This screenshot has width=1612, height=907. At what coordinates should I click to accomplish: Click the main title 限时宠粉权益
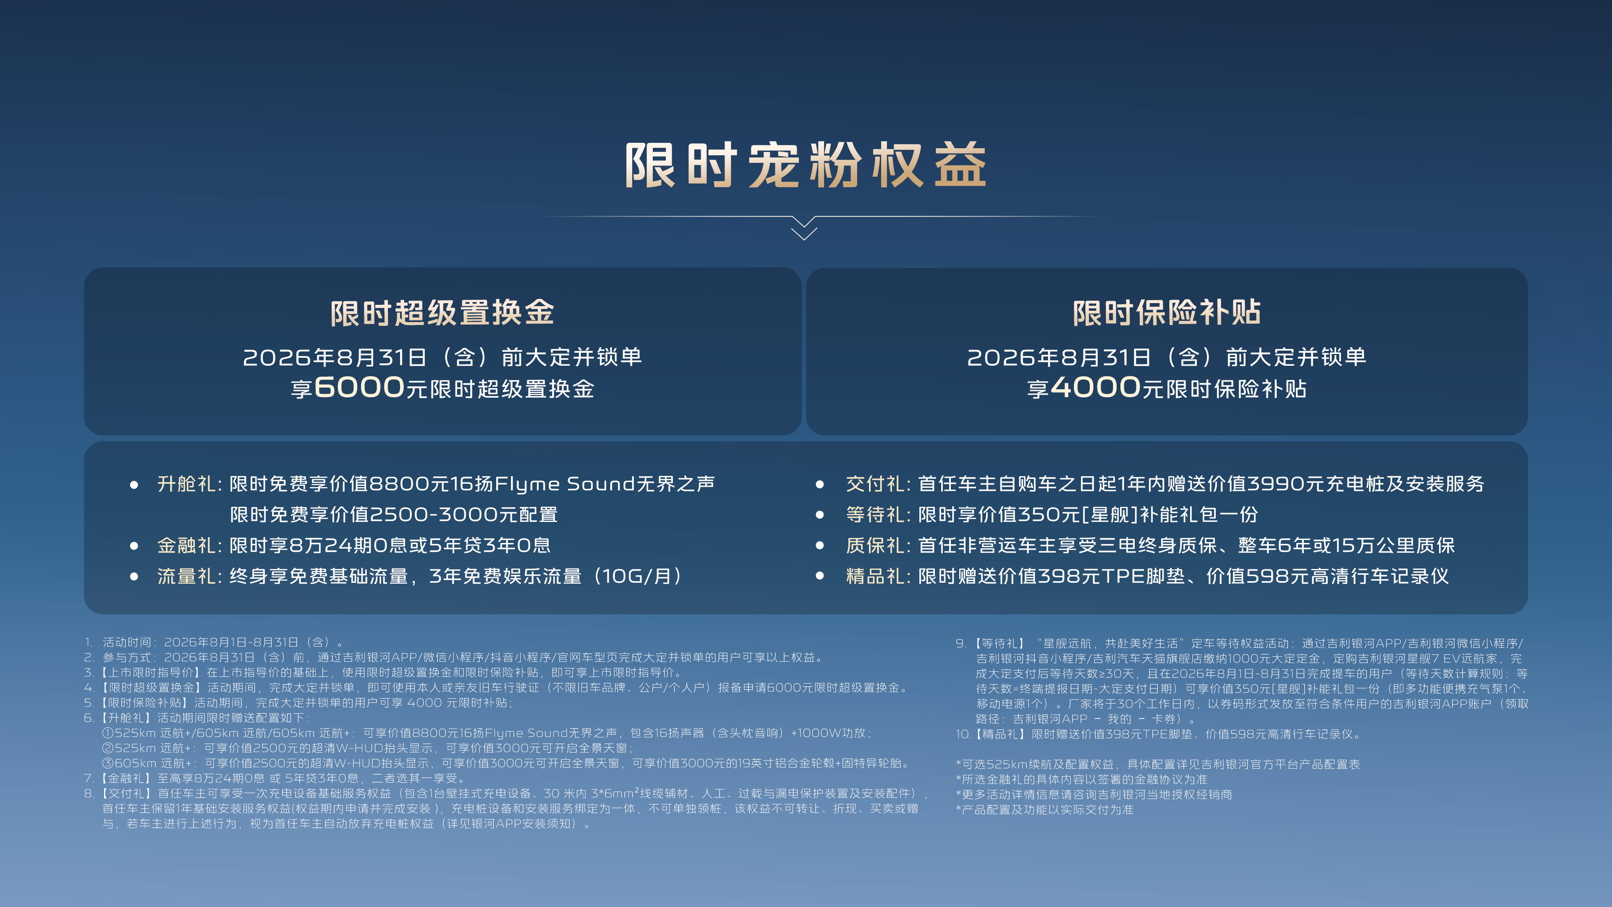click(x=806, y=165)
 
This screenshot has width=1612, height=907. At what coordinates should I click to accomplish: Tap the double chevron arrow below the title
click(x=804, y=228)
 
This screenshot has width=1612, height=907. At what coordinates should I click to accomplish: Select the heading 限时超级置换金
click(x=442, y=313)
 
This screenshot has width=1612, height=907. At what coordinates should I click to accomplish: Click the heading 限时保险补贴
click(x=1167, y=313)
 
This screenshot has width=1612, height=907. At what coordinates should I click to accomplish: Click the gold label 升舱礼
click(x=186, y=484)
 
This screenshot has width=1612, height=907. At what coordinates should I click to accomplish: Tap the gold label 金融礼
click(x=186, y=545)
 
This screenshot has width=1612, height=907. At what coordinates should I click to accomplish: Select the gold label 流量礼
click(x=186, y=576)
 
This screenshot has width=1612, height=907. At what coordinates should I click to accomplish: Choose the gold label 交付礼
click(x=875, y=484)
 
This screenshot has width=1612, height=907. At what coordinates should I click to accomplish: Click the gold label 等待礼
click(x=875, y=514)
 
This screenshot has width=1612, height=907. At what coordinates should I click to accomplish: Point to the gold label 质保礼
click(x=875, y=545)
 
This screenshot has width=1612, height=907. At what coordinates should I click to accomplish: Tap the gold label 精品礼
click(x=875, y=576)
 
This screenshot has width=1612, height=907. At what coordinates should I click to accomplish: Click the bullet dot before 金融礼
click(x=134, y=546)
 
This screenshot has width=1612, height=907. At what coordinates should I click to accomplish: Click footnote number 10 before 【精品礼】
click(x=963, y=734)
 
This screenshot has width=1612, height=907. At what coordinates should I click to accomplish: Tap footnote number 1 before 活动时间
click(x=88, y=642)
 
